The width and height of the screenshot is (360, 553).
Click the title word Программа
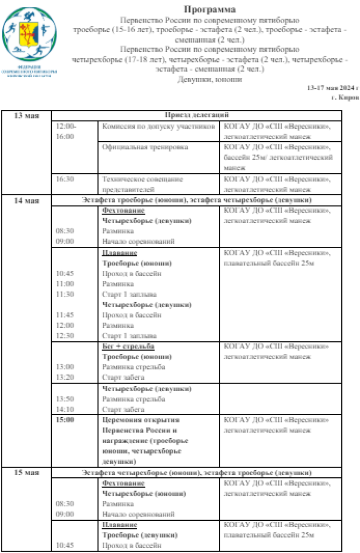pyautogui.click(x=210, y=10)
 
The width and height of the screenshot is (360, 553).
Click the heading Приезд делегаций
pyautogui.click(x=196, y=116)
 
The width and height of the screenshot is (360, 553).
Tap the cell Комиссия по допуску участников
pyautogui.click(x=158, y=126)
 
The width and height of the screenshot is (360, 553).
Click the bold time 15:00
pyautogui.click(x=65, y=420)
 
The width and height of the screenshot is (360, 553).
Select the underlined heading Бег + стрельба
pyautogui.click(x=128, y=347)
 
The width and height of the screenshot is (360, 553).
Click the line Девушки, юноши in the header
pyautogui.click(x=209, y=79)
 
